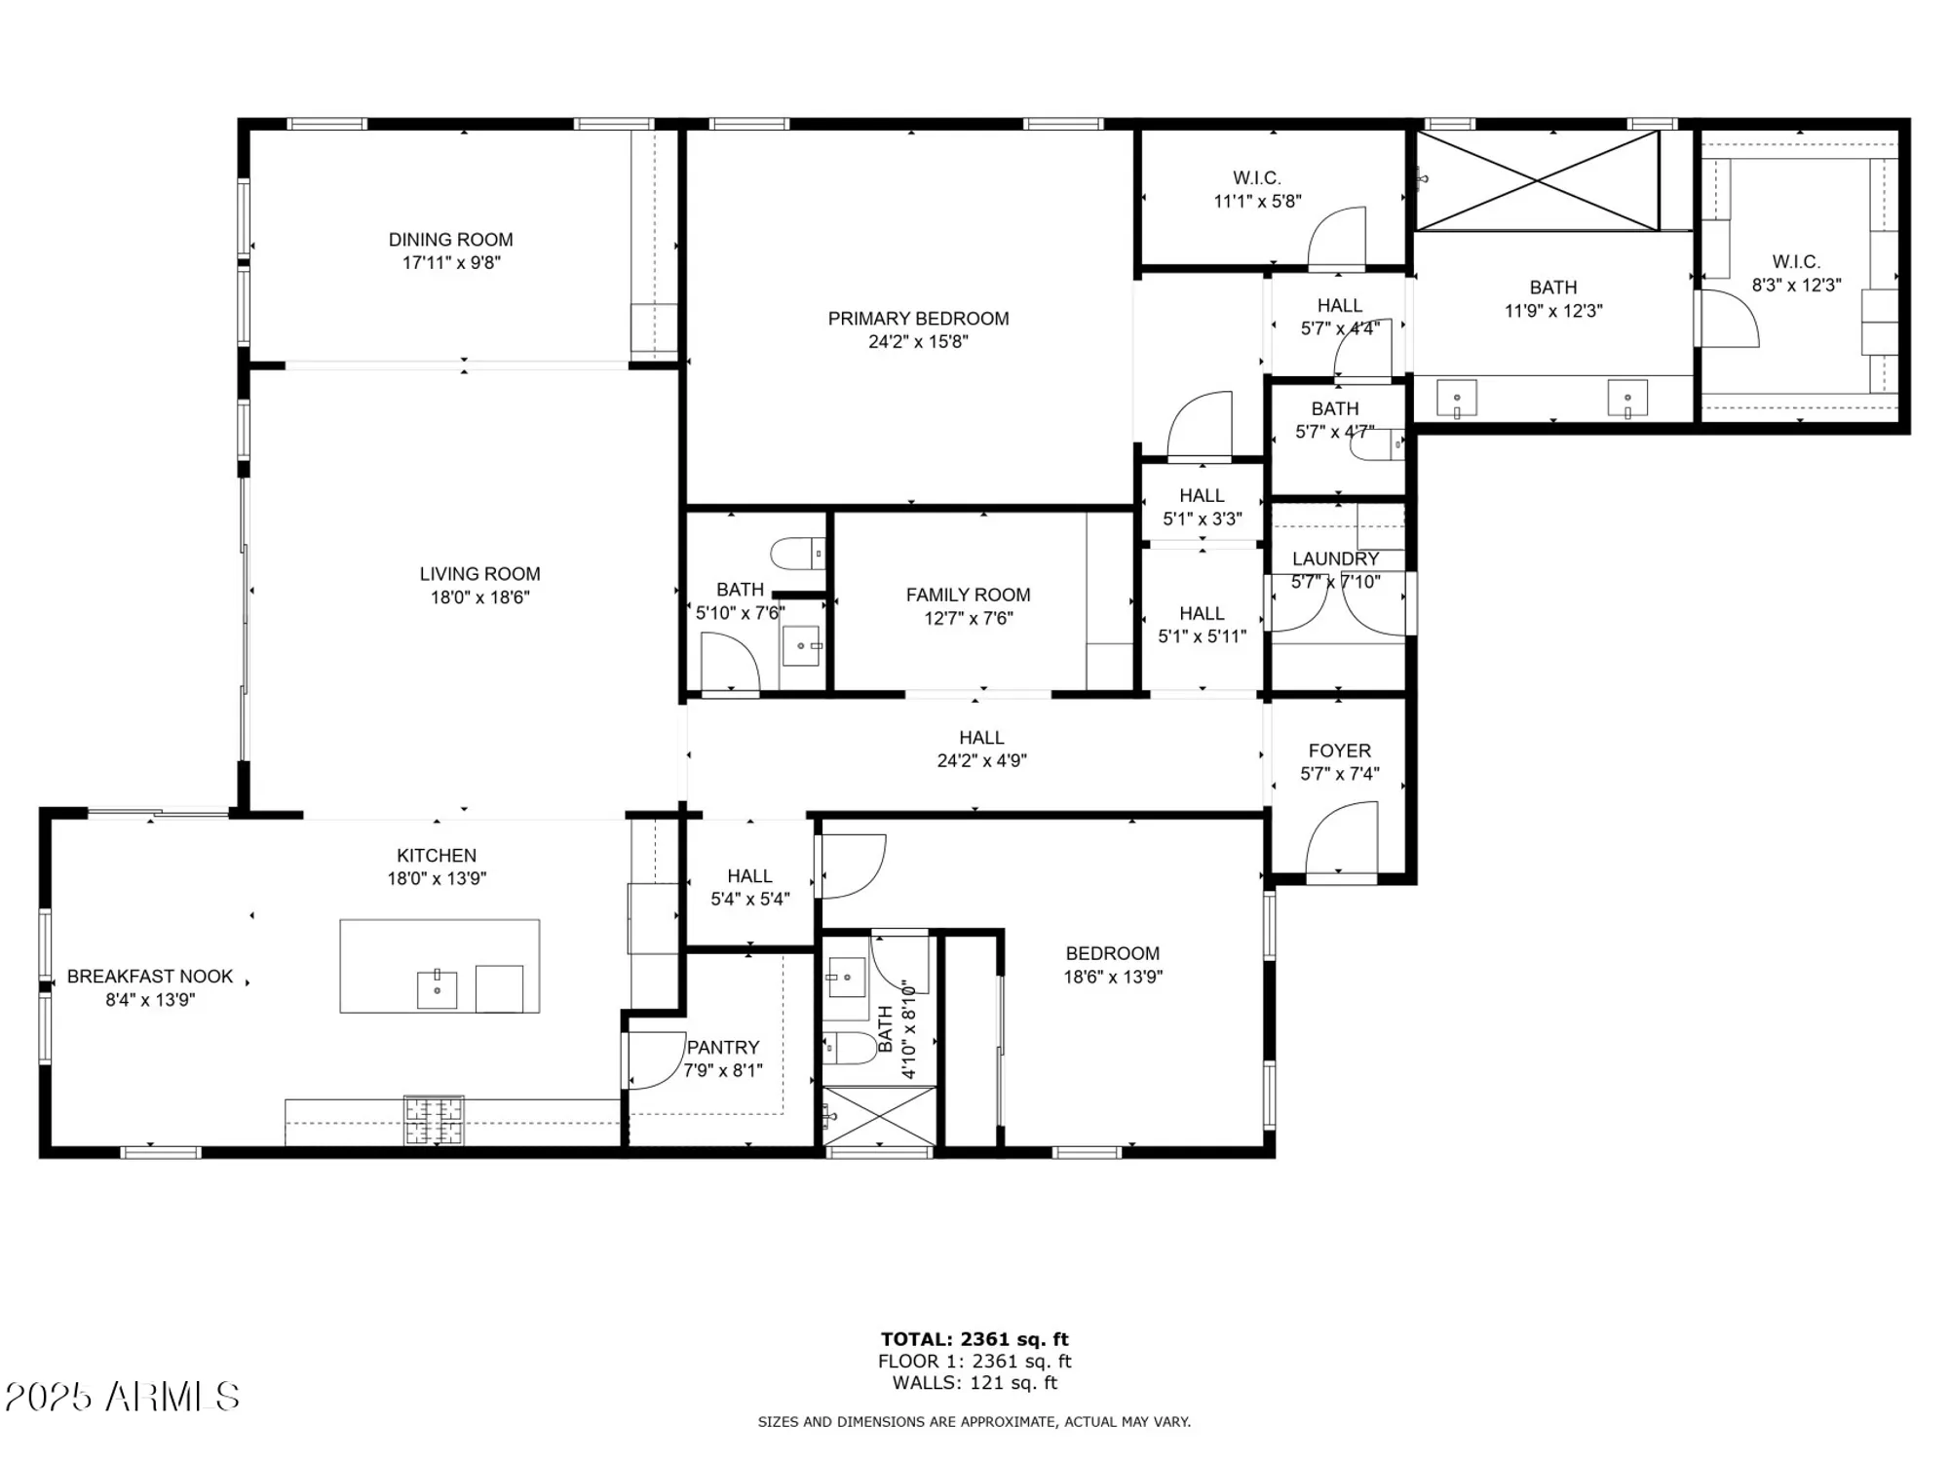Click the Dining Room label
pos(450,240)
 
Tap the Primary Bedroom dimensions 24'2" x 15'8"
pos(918,342)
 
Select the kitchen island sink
pos(437,989)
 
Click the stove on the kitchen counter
pos(434,1120)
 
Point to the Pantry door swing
pos(656,1059)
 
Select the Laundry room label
pos(1335,558)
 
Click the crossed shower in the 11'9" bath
pos(1537,181)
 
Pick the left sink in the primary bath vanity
pos(1457,399)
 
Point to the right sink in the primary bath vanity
pos(1627,399)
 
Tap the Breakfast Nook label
pos(150,977)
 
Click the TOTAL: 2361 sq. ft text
pos(974,1339)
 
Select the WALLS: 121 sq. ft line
pos(974,1383)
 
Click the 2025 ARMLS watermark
pos(122,1397)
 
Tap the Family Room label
pos(968,595)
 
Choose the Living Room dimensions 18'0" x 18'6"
pos(479,597)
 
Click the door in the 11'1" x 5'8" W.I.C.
pos(1337,239)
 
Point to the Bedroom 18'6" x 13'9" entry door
pos(852,866)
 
